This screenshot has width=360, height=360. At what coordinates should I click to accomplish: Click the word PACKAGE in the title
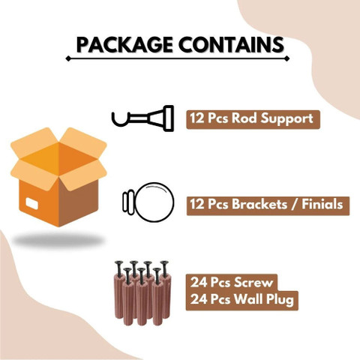(124, 45)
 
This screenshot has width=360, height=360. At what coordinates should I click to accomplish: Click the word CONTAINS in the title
(231, 45)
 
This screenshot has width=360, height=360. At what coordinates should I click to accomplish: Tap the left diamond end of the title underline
(68, 58)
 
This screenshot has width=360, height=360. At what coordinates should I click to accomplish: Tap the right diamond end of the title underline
(286, 58)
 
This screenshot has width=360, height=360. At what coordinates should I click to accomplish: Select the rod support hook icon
(142, 119)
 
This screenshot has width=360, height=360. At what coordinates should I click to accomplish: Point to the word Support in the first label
(286, 119)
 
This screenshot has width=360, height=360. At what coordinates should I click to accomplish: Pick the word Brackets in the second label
(259, 204)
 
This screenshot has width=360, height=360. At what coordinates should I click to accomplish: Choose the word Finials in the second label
(322, 204)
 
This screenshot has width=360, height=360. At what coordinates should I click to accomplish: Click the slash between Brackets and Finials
(294, 205)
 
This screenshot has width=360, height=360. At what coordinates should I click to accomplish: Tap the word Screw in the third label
(253, 283)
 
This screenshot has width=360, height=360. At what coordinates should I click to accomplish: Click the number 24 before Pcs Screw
(199, 283)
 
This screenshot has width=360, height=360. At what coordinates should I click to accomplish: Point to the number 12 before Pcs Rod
(197, 118)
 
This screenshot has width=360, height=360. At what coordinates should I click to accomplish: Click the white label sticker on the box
(32, 203)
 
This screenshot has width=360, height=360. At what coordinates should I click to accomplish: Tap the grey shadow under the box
(58, 241)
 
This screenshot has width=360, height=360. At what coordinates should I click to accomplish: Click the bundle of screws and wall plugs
(142, 292)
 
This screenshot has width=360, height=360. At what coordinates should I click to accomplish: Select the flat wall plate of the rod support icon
(169, 118)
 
